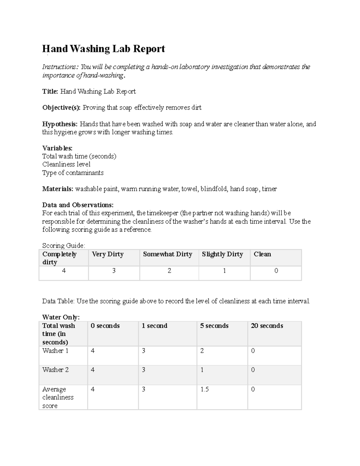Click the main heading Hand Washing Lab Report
103,49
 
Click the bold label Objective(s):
61,107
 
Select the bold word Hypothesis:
60,124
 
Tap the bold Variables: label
57,148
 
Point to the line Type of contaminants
73,173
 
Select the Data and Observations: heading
78,205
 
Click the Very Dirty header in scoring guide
108,254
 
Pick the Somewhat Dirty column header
167,254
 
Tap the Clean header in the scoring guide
262,254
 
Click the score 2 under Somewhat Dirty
169,271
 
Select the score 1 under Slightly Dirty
224,271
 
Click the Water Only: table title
61,317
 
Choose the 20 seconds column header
267,326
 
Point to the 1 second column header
154,326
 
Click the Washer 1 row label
55,351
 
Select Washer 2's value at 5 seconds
202,370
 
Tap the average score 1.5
205,389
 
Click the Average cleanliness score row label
58,397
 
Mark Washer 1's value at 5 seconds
202,351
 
